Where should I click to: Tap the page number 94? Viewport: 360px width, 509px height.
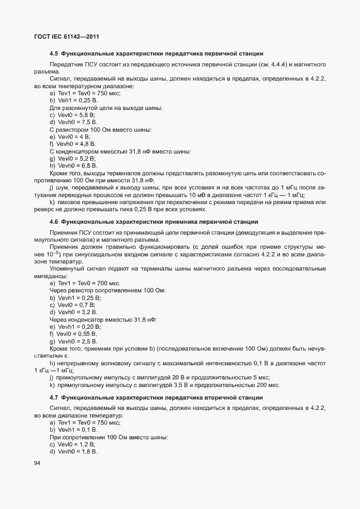[37, 463]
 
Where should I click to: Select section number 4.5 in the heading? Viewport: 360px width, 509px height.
[54, 53]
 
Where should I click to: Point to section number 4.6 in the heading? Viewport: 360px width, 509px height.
[54, 222]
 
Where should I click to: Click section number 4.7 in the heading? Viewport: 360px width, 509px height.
[54, 397]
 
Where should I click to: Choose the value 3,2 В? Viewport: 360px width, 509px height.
[88, 312]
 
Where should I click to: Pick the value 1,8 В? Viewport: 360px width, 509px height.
[88, 451]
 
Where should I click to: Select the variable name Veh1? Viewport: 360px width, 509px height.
[64, 101]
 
